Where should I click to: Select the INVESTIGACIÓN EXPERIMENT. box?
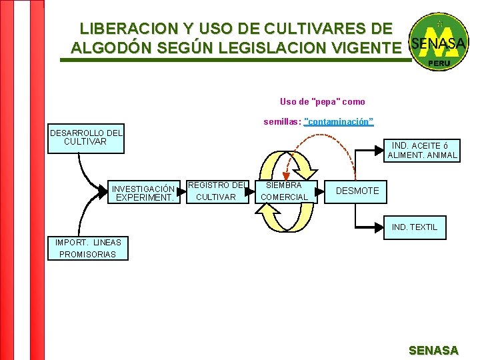tap(143, 193)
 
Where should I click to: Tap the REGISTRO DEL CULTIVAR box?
tap(217, 191)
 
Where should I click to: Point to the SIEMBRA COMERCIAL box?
tap(284, 191)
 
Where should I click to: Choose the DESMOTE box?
tap(357, 191)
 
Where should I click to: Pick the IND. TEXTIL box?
tap(415, 227)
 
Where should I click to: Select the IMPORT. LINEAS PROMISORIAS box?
tap(88, 248)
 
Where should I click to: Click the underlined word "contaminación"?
tap(339, 122)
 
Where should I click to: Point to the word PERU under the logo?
tap(438, 63)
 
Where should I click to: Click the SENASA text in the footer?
tap(433, 350)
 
